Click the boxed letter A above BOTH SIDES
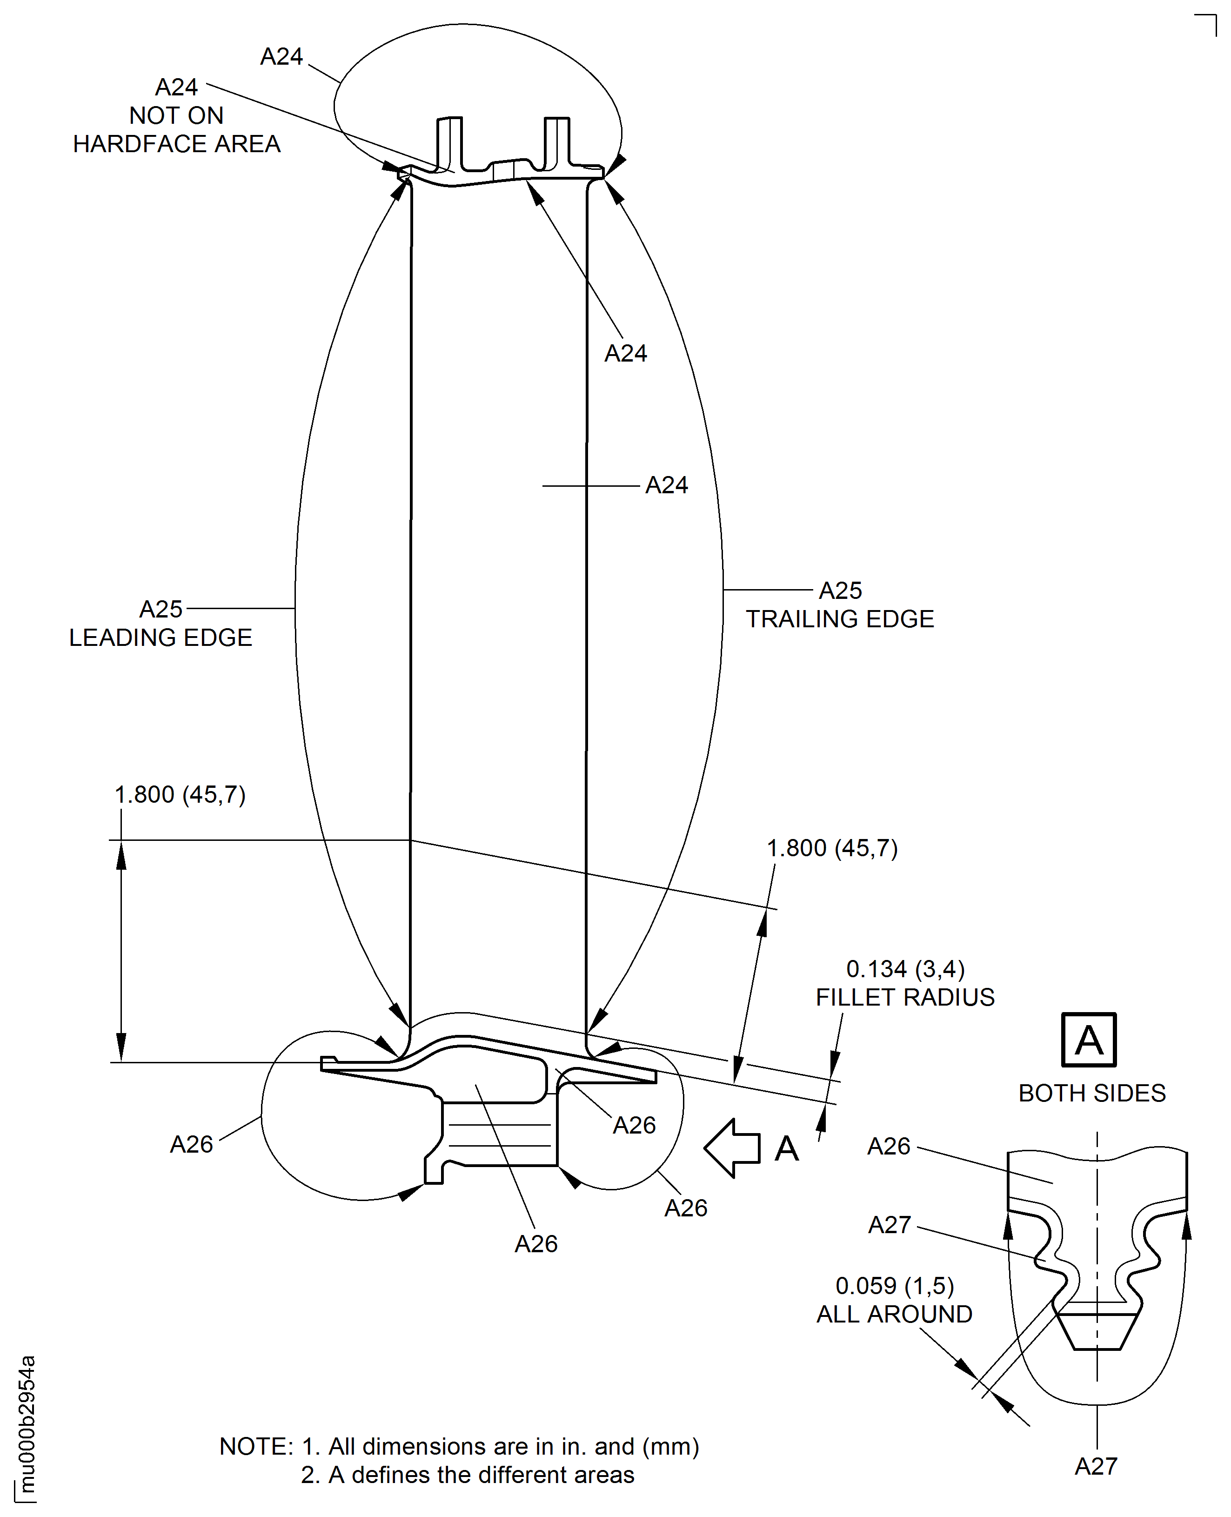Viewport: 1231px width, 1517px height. click(x=1089, y=1040)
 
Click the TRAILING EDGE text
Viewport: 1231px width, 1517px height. click(x=840, y=619)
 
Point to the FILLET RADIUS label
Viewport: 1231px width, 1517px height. click(x=905, y=997)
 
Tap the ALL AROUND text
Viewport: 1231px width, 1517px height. click(x=894, y=1314)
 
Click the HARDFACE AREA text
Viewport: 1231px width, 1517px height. click(x=177, y=144)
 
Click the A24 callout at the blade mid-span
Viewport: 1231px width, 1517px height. click(x=666, y=485)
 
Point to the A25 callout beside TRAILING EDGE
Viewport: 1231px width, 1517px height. click(x=840, y=590)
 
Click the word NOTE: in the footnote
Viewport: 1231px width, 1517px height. click(x=256, y=1446)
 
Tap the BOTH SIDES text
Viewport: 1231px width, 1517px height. click(x=1092, y=1093)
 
